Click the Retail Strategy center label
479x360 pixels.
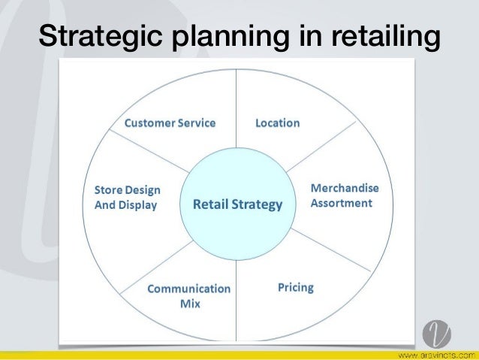[238, 204]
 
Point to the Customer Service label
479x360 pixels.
[170, 123]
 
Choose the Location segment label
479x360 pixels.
[277, 123]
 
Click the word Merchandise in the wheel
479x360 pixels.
[345, 187]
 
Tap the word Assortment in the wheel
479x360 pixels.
[342, 203]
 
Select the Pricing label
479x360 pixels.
[295, 287]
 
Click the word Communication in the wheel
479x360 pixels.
[189, 289]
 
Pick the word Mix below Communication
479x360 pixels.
[190, 304]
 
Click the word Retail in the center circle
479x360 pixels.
[210, 204]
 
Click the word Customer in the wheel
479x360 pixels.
[149, 123]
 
